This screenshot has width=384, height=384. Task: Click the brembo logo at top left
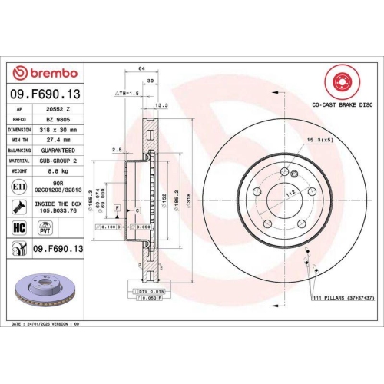[x=47, y=73]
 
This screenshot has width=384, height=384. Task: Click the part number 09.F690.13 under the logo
[x=47, y=94]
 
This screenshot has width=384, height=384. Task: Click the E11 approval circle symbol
[x=20, y=187]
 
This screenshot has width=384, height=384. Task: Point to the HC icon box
[x=20, y=228]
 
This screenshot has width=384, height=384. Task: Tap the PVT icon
[x=45, y=228]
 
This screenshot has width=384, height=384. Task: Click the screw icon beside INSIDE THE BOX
[x=19, y=207]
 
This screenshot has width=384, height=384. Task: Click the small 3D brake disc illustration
[x=46, y=289]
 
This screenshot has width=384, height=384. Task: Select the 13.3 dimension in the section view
[x=161, y=104]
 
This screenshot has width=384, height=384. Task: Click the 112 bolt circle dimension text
[x=290, y=194]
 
